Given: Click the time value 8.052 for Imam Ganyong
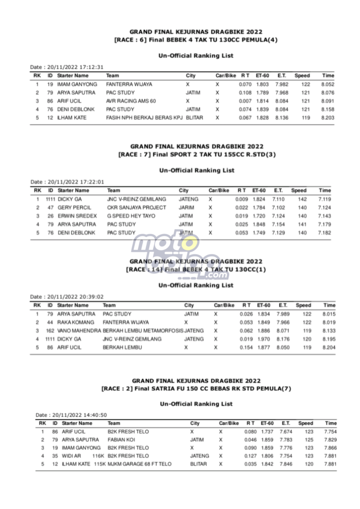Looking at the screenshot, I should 328,85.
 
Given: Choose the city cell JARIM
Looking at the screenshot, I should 185,207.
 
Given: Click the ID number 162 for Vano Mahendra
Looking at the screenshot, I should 50,331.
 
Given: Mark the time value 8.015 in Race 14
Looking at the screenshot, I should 329,314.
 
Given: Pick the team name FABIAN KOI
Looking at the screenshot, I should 121,440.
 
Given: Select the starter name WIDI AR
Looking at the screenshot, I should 72,456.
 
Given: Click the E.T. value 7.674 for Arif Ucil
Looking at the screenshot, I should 286,432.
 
